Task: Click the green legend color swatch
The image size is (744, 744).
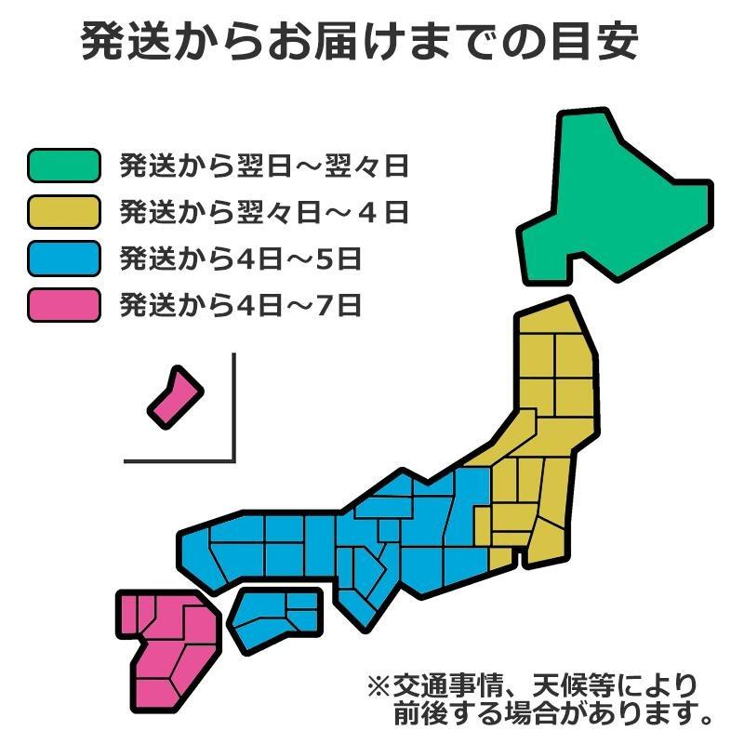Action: point(63,166)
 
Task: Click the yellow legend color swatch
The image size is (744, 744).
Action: point(63,212)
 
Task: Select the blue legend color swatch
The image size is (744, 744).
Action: point(63,258)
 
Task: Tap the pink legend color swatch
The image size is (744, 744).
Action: point(63,304)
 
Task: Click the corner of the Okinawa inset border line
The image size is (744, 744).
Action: point(233,459)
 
